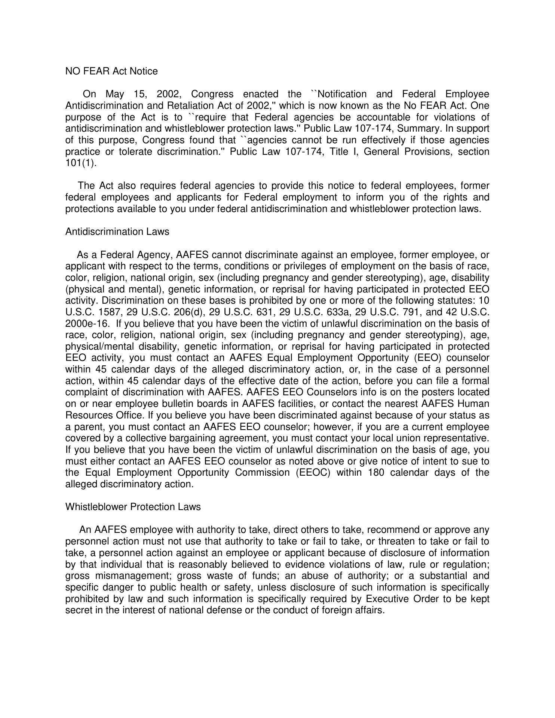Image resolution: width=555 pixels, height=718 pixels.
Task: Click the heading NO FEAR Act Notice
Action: pyautogui.click(x=111, y=71)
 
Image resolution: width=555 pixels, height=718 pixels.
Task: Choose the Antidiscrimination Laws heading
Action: pyautogui.click(x=117, y=231)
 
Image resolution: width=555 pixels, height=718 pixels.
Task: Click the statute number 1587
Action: pyautogui.click(x=110, y=312)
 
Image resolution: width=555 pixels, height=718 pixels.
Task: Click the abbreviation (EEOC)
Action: pyautogui.click(x=313, y=473)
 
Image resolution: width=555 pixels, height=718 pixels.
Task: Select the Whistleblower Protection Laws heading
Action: pyautogui.click(x=133, y=507)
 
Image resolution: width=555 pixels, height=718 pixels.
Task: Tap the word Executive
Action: pyautogui.click(x=387, y=599)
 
